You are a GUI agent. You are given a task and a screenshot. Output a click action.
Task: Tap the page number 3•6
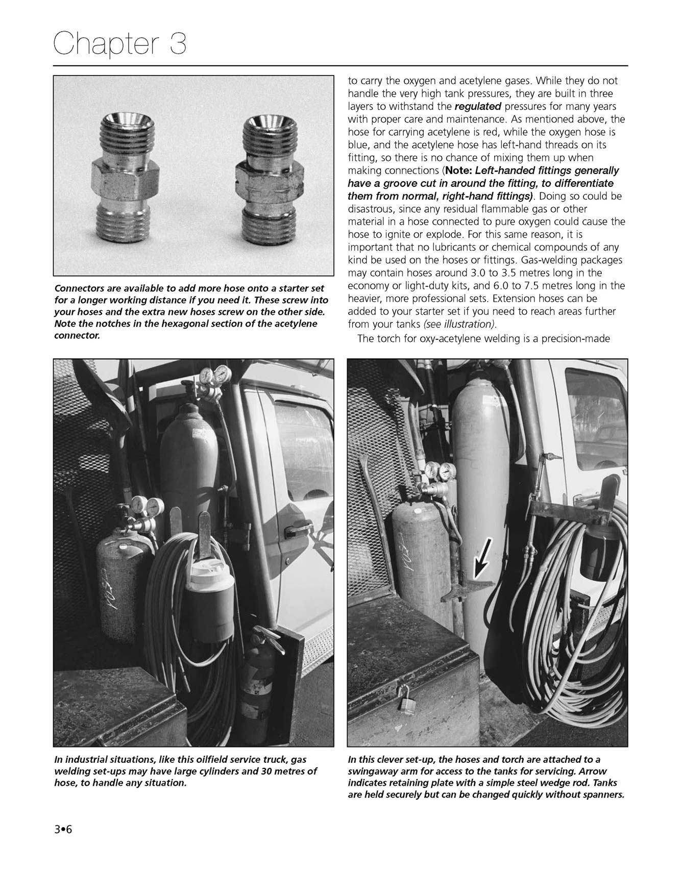64,829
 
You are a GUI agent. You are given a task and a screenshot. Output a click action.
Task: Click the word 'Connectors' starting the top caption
79,289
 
